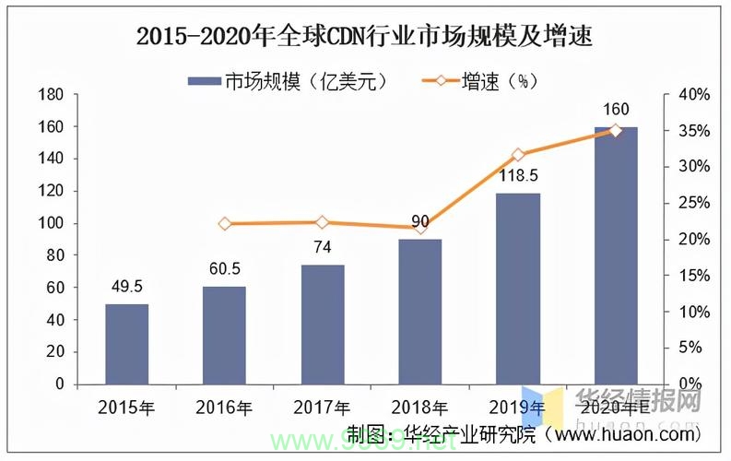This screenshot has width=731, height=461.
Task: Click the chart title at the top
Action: point(364,37)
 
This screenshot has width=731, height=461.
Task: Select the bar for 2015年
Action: point(127,343)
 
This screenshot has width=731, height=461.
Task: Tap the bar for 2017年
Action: point(323,324)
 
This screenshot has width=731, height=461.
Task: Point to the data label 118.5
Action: point(518,176)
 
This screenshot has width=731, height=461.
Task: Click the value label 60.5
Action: point(225,268)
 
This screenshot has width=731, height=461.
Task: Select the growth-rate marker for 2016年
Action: point(225,224)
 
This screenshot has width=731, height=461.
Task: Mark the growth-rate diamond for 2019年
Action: point(518,155)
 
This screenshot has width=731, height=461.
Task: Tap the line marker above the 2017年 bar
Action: point(323,222)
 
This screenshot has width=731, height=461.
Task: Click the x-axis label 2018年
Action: point(420,407)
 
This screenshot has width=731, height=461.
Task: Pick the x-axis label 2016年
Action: point(225,407)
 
